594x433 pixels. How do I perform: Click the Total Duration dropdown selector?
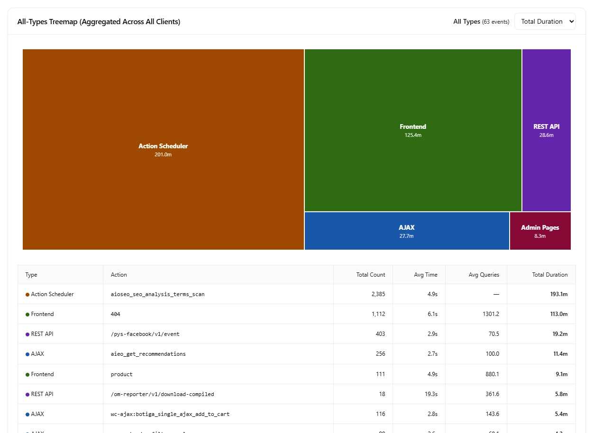point(545,21)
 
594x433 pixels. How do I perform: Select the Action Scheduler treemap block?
point(163,189)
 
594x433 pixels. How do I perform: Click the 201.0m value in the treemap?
point(163,154)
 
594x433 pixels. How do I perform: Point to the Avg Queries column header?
point(484,275)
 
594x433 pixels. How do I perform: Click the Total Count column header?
point(371,275)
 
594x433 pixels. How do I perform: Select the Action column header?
point(119,275)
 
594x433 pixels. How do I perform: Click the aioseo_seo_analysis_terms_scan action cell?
point(157,294)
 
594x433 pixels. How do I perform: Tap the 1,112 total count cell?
point(378,314)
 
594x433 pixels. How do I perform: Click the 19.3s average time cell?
point(431,394)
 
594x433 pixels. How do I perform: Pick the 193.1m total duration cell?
point(558,294)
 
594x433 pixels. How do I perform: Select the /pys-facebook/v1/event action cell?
point(145,334)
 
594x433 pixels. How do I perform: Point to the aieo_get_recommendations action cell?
point(148,354)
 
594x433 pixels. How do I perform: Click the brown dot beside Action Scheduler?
point(27,295)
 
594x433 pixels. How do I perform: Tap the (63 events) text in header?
point(495,22)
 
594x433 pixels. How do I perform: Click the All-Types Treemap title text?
point(99,22)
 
